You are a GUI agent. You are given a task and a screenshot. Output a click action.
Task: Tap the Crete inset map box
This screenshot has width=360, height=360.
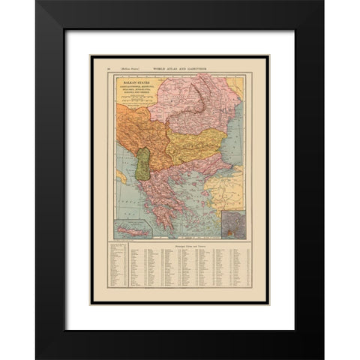click(x=134, y=228)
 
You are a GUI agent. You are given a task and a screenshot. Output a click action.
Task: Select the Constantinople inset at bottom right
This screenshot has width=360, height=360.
click(x=235, y=223)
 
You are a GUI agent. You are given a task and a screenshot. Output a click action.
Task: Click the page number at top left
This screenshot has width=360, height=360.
click(x=109, y=68)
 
